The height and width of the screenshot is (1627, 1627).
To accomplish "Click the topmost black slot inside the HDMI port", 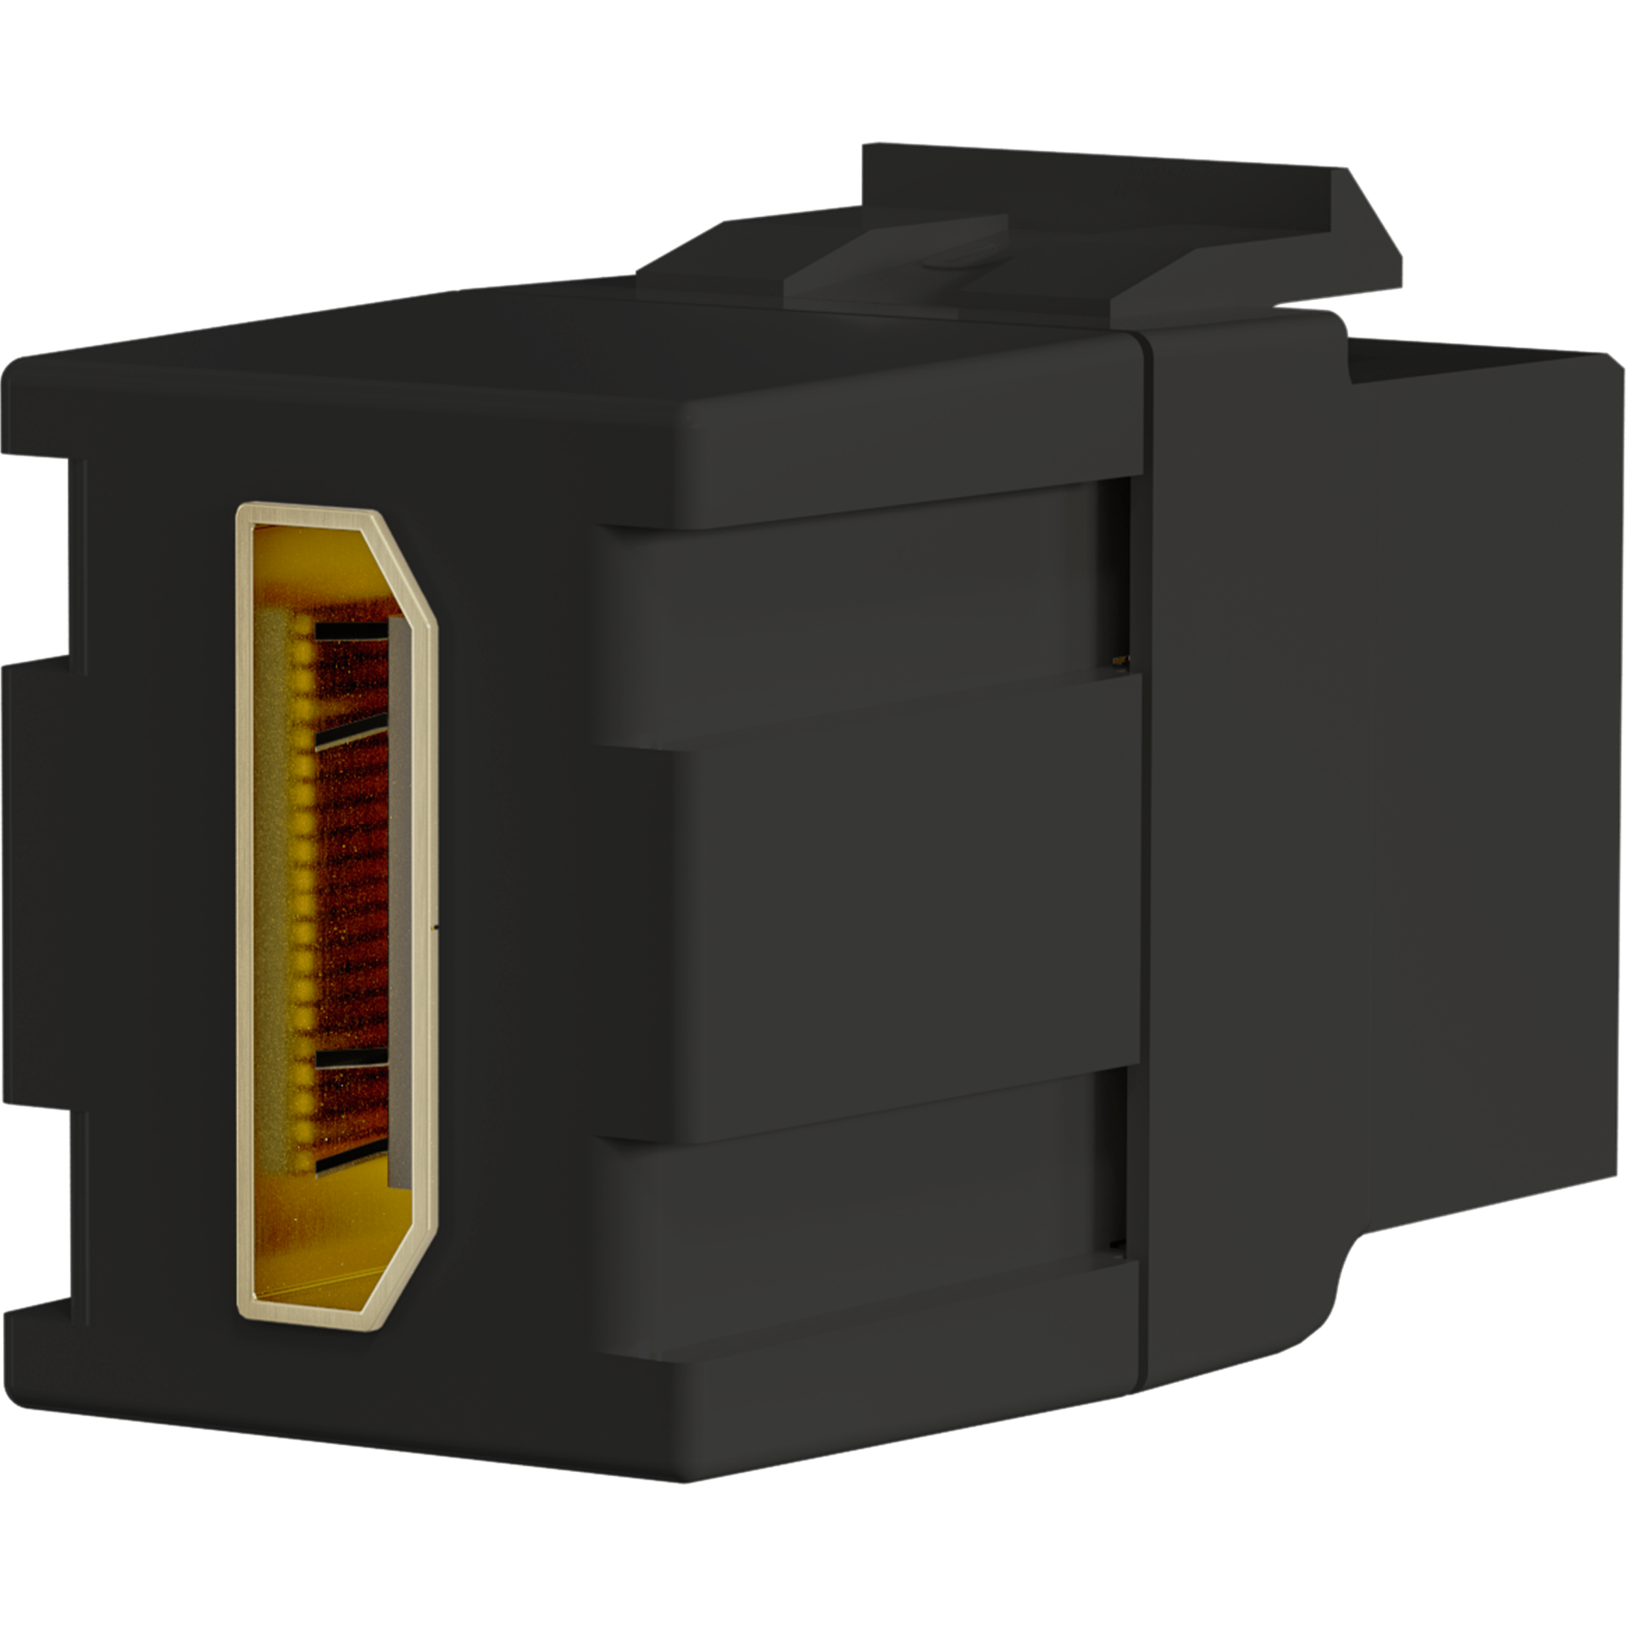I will coord(351,631).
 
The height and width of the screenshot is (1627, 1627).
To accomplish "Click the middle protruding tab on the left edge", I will coord(34,881).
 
